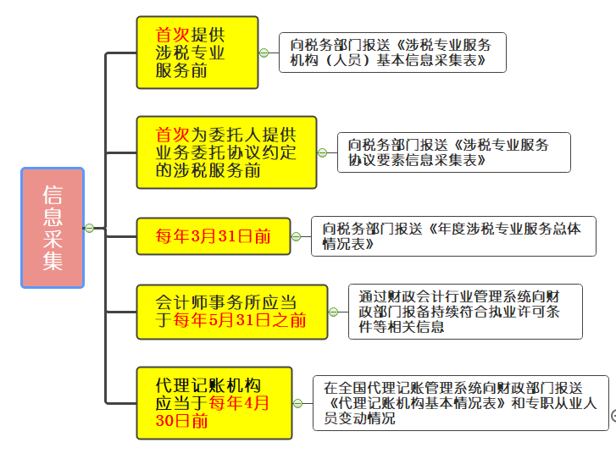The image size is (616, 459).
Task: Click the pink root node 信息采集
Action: coord(53,227)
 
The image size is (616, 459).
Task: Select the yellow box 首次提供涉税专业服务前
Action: coord(197,52)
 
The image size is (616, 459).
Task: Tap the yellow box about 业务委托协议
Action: coord(225,152)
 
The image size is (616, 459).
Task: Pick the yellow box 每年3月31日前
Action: coord(213,235)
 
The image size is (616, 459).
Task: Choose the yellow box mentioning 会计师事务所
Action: coord(231,311)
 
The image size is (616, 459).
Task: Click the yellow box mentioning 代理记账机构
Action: coord(214,402)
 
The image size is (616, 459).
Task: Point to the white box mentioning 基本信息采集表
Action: coord(392,53)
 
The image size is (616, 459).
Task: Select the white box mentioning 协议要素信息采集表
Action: coord(453,152)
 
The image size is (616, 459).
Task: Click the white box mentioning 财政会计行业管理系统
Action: coord(465,311)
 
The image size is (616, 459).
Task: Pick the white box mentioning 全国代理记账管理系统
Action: coord(460,402)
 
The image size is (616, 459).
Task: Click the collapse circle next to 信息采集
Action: coord(88,227)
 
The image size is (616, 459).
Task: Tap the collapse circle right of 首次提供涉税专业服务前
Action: coord(263,53)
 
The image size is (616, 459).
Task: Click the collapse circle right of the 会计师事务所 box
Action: coord(333,312)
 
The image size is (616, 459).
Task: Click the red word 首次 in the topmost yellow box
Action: coord(173,35)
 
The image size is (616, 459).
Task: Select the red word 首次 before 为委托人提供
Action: coord(173,135)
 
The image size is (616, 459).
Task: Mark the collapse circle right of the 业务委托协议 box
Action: coord(322,152)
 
